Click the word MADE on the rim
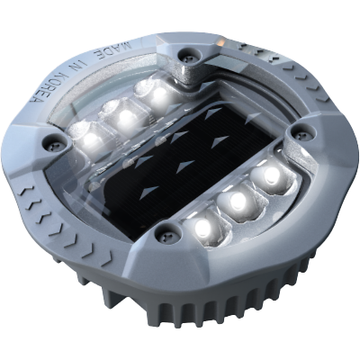point(112,49)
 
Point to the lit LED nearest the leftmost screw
point(91,138)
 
